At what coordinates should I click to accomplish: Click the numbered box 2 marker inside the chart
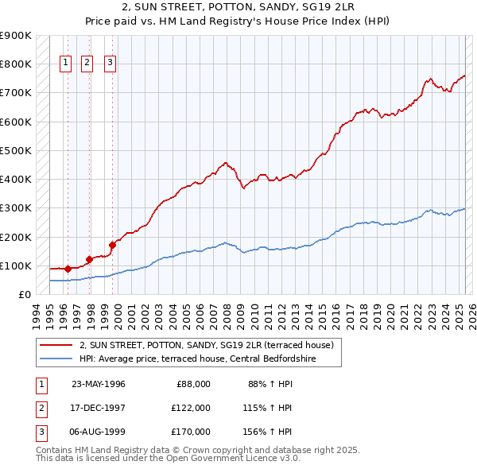pyautogui.click(x=87, y=64)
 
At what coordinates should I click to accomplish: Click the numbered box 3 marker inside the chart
pyautogui.click(x=110, y=64)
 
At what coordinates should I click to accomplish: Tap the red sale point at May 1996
pyautogui.click(x=68, y=269)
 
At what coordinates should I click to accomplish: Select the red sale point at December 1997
pyautogui.click(x=89, y=259)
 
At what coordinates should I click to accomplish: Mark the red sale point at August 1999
pyautogui.click(x=112, y=245)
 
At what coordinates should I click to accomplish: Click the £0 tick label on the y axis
pyautogui.click(x=24, y=294)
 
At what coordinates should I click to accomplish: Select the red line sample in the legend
pyautogui.click(x=56, y=346)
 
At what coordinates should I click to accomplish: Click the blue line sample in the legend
pyautogui.click(x=56, y=359)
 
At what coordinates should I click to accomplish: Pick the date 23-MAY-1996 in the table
pyautogui.click(x=99, y=384)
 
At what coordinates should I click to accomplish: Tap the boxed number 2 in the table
pyautogui.click(x=39, y=408)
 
